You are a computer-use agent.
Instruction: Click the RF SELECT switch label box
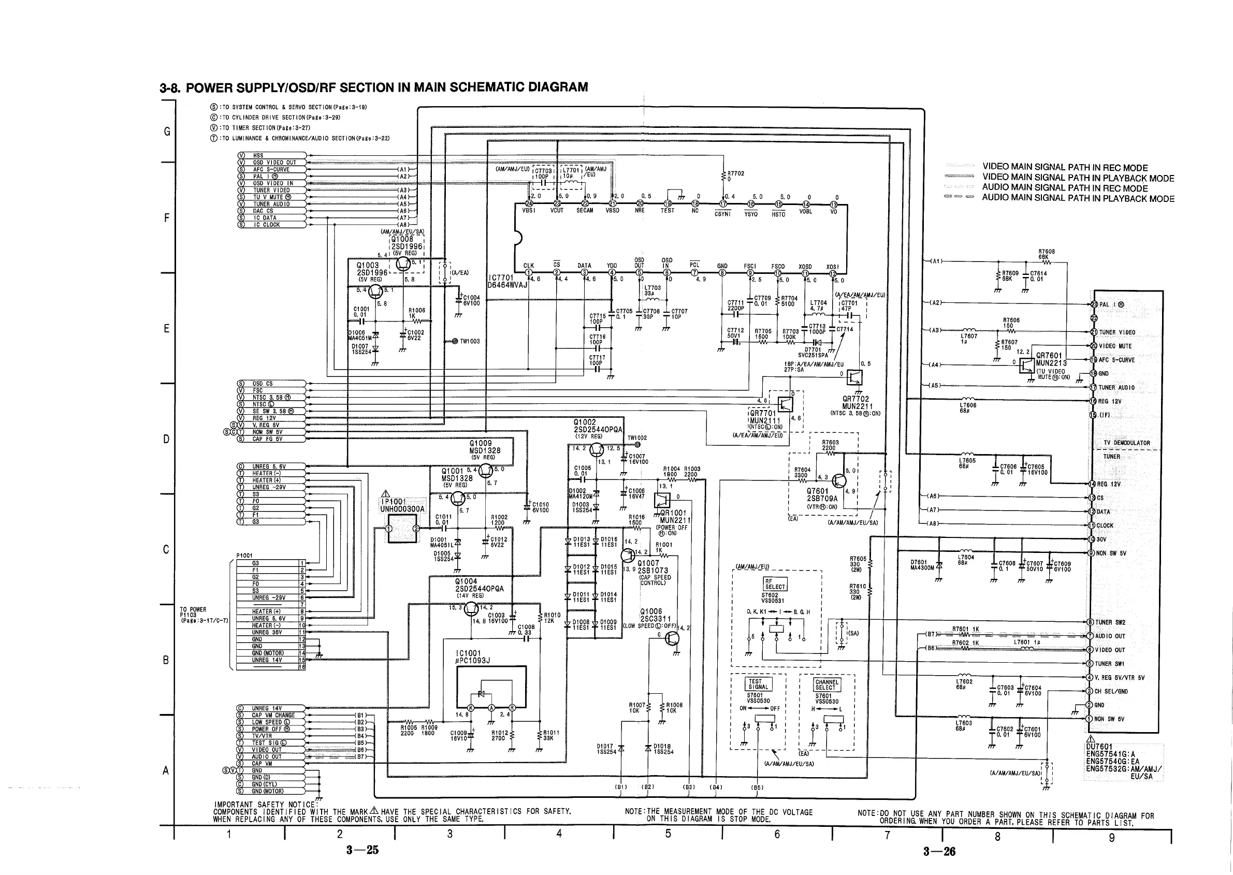coord(775,584)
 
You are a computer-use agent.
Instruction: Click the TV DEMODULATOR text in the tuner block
coord(1126,443)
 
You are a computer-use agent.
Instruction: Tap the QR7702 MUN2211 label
coord(857,402)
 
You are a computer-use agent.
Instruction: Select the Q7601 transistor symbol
coord(839,481)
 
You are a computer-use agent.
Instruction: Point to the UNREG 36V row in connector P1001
coord(267,633)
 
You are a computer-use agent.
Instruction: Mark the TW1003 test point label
coord(469,341)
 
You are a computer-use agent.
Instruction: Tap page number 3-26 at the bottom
coord(939,851)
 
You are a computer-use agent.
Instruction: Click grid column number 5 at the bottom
coord(668,834)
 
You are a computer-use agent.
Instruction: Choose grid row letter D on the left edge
coord(167,439)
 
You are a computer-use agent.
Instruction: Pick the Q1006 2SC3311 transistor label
coord(654,615)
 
